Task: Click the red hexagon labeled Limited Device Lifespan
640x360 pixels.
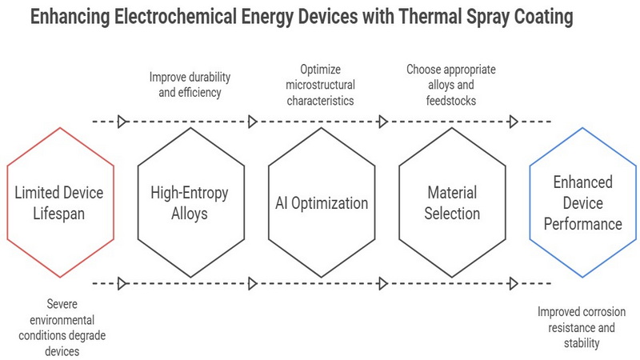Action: (60, 129)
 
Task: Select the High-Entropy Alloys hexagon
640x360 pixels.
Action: (190, 129)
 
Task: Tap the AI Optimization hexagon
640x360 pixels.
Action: (322, 129)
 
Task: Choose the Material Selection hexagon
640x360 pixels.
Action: (452, 129)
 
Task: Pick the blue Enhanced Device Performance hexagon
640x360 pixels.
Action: (582, 129)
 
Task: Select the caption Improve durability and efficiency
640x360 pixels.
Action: (190, 85)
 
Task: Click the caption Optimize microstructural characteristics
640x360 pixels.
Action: (321, 85)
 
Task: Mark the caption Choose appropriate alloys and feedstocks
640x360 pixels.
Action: (451, 85)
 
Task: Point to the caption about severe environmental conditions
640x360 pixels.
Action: (62, 327)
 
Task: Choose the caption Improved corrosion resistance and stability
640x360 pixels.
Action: (582, 327)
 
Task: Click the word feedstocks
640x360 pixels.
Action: (451, 101)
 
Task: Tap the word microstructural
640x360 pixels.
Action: (321, 85)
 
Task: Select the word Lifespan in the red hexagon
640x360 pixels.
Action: (58, 214)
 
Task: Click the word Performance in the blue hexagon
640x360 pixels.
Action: (583, 224)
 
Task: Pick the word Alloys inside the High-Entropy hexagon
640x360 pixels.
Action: (190, 214)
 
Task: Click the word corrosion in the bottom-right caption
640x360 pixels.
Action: (602, 312)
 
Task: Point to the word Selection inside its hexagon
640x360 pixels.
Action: (452, 214)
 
